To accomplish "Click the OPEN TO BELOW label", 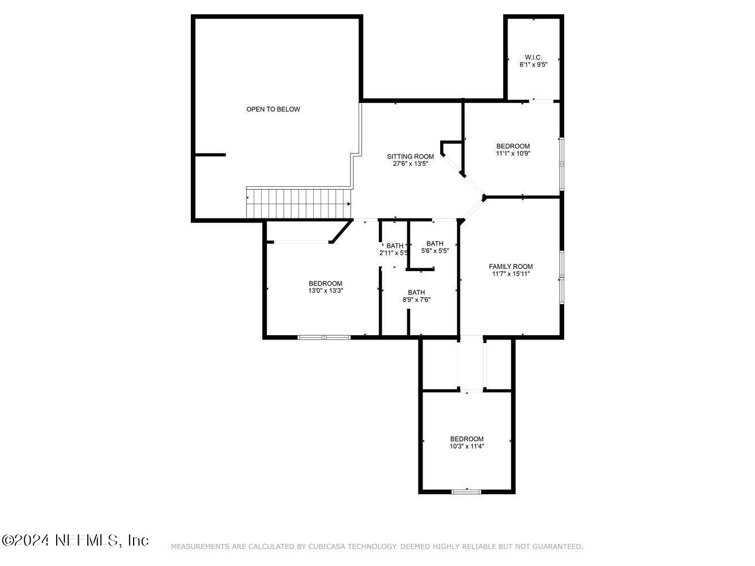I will click(x=273, y=109).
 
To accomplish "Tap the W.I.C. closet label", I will click(x=533, y=57).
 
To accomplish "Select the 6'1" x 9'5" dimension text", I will click(x=533, y=65).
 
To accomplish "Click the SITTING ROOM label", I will click(x=410, y=157).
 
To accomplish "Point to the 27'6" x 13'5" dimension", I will click(x=410, y=164).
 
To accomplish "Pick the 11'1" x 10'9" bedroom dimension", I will click(x=513, y=153).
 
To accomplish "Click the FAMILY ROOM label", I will click(x=510, y=267).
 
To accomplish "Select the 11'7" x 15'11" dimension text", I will click(x=510, y=274).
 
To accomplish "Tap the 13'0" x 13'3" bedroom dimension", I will click(x=325, y=291).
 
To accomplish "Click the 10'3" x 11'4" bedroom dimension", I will click(x=467, y=446).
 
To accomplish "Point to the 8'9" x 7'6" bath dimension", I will click(x=416, y=300).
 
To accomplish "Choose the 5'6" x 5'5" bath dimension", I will click(x=435, y=251).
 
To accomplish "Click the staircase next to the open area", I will click(x=298, y=203).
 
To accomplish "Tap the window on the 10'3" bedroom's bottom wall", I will click(x=466, y=491).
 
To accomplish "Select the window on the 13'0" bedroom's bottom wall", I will click(x=324, y=337).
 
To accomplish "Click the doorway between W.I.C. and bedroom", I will click(x=541, y=101).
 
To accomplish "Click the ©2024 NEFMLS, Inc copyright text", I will click(x=75, y=541).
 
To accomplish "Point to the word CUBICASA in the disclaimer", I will click(x=329, y=547).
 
